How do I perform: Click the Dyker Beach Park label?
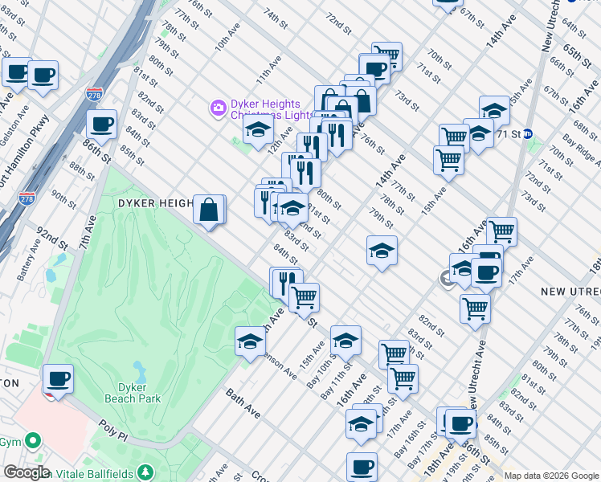point(133,392)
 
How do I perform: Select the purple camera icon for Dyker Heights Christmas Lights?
point(217,108)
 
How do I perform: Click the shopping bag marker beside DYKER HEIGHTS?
point(209,210)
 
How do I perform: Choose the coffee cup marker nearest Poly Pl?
point(57,378)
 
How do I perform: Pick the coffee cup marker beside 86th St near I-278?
point(101,124)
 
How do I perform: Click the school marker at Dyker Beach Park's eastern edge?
point(250,341)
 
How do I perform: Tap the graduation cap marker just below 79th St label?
point(382,251)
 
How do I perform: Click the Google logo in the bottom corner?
point(26,472)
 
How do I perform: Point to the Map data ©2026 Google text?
point(551,476)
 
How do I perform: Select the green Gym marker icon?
point(32,441)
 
